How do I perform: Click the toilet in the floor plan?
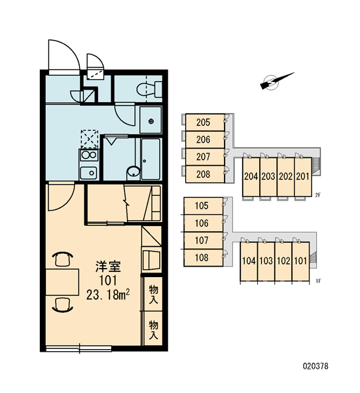pyautogui.click(x=149, y=89)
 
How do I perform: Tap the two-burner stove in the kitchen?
pyautogui.click(x=88, y=155)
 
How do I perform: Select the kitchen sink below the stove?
pyautogui.click(x=88, y=173)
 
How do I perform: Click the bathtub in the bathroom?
pyautogui.click(x=151, y=159)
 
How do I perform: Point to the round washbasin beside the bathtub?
pyautogui.click(x=134, y=172)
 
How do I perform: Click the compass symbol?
pyautogui.click(x=276, y=81)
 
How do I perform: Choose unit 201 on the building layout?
pyautogui.click(x=303, y=177)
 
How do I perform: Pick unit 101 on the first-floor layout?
pyautogui.click(x=300, y=261)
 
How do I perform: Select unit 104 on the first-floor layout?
pyautogui.click(x=249, y=261)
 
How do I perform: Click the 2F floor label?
pyautogui.click(x=318, y=195)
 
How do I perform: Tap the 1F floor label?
pyautogui.click(x=318, y=281)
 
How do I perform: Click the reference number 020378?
pyautogui.click(x=315, y=366)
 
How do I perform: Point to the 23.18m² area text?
pyautogui.click(x=108, y=295)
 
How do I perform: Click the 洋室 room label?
pyautogui.click(x=108, y=267)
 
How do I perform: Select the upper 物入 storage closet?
pyautogui.click(x=153, y=295)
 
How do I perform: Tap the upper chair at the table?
pyautogui.click(x=63, y=259)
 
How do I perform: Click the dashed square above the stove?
pyautogui.click(x=89, y=139)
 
